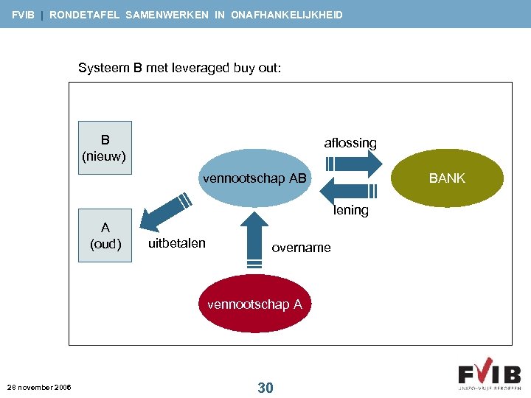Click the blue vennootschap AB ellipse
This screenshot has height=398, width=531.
coord(254,179)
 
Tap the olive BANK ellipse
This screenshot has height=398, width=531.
coord(447,178)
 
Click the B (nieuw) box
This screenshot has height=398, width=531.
coord(105,147)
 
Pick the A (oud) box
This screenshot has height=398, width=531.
coord(105,236)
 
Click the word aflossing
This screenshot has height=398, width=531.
coord(350,143)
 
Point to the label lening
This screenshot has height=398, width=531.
coord(351,210)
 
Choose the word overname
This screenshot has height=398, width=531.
coord(301,248)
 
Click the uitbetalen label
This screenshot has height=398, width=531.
coord(177,243)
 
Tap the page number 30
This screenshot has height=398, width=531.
coord(265,387)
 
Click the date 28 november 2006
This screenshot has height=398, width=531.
coord(39,387)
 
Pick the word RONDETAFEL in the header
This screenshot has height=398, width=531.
coord(86,15)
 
